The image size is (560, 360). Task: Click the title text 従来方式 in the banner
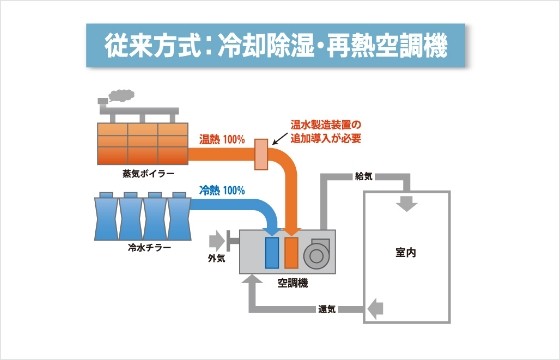(155, 46)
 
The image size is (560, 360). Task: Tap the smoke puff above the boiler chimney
(118, 95)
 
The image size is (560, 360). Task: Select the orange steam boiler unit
(142, 142)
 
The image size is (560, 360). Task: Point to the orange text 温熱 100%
(222, 138)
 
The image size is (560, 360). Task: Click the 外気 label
(216, 259)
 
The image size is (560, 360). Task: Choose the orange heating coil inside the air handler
(292, 252)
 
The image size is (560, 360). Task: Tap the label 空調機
(291, 284)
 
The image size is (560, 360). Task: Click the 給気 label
(364, 176)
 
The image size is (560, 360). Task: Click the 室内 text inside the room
(405, 252)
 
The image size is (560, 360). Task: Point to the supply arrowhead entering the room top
(406, 205)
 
